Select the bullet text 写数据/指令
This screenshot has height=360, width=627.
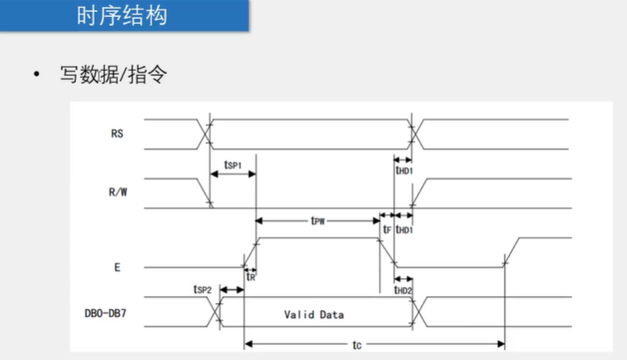pyautogui.click(x=114, y=75)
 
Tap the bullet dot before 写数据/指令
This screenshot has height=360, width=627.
pyautogui.click(x=35, y=76)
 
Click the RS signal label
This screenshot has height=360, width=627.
pyautogui.click(x=117, y=133)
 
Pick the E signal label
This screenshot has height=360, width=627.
pyautogui.click(x=117, y=267)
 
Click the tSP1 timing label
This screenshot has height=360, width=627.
pyautogui.click(x=232, y=164)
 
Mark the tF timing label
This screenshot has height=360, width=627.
pyautogui.click(x=387, y=230)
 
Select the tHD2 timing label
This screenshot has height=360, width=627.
pyautogui.click(x=404, y=290)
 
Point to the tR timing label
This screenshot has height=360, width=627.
pyautogui.click(x=250, y=276)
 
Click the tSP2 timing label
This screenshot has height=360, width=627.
pyautogui.click(x=202, y=289)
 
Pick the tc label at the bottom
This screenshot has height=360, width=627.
pyautogui.click(x=357, y=346)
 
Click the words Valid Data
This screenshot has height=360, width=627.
pyautogui.click(x=314, y=315)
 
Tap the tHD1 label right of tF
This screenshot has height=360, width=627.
pyautogui.click(x=404, y=230)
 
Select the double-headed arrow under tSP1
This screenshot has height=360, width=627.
pyautogui.click(x=233, y=174)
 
